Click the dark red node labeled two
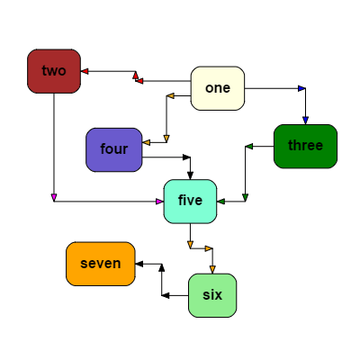tap(54, 71)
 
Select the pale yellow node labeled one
tap(218, 88)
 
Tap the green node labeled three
tap(305, 146)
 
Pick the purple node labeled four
tap(114, 149)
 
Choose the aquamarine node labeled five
tap(190, 201)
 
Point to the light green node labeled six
tap(212, 295)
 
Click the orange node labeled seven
tap(101, 264)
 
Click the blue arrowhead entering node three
tap(305, 120)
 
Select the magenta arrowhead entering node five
tap(159, 201)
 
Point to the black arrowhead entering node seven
tap(139, 264)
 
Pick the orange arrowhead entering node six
tap(212, 269)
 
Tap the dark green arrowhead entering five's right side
tap(220, 201)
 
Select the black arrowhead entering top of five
tap(190, 175)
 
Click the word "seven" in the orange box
tap(101, 264)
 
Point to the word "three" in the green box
tap(305, 146)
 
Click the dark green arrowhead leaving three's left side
tap(248, 146)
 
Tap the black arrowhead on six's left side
tap(166, 295)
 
